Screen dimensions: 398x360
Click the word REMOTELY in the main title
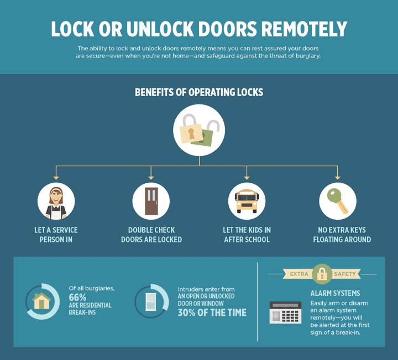(304, 29)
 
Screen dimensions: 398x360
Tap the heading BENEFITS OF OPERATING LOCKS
(199, 92)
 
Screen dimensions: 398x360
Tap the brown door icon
(151, 202)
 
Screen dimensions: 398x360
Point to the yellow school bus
(247, 201)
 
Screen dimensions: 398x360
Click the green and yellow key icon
(338, 201)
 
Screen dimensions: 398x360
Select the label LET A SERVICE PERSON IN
(56, 235)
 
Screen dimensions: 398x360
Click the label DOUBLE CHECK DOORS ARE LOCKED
(151, 235)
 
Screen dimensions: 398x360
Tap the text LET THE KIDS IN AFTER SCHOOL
(247, 235)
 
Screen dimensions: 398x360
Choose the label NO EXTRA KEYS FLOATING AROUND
(342, 235)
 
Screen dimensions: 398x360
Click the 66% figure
(77, 297)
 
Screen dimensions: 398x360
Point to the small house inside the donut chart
(41, 301)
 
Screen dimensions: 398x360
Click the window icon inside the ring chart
(150, 302)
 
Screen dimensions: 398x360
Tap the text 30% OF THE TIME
(212, 313)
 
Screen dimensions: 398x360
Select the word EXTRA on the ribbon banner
(299, 274)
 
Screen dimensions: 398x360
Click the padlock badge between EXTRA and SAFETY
(322, 274)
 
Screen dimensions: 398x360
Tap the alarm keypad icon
(285, 313)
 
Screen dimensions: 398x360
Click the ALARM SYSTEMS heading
(335, 293)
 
